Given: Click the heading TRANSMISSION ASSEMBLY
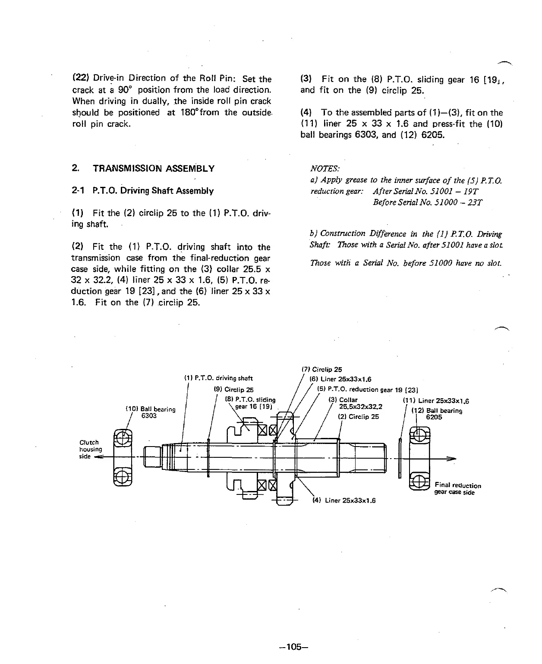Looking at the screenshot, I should tap(153, 168).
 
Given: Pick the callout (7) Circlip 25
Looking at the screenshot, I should tap(321, 369).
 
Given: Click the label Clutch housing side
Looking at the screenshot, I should tap(90, 449).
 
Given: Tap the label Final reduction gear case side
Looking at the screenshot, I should tap(457, 489).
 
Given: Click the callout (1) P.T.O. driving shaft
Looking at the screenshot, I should tap(218, 378).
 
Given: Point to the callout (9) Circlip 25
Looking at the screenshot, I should tap(233, 389).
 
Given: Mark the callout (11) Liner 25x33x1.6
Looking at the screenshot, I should tap(435, 400).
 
